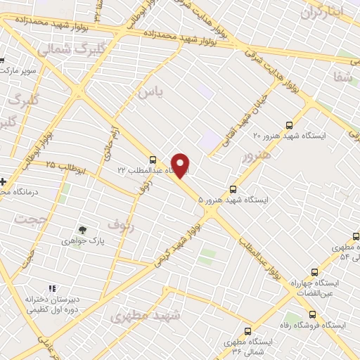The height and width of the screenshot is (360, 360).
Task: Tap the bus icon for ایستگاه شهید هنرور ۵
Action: coord(233,188)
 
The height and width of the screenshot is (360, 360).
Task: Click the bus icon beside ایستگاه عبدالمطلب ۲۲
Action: coord(153,160)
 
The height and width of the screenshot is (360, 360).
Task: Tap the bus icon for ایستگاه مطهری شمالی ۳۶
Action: coord(247,330)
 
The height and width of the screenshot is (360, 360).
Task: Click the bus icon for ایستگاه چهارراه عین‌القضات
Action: coord(314,271)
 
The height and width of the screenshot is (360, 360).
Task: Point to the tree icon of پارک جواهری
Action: coord(83,229)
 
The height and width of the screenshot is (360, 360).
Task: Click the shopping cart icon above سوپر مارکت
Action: coord(2,60)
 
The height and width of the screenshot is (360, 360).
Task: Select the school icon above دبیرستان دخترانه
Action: coord(51,288)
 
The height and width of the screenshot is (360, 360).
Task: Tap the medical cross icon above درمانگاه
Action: coord(3,182)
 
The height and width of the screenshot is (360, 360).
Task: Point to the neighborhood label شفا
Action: coord(344,77)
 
